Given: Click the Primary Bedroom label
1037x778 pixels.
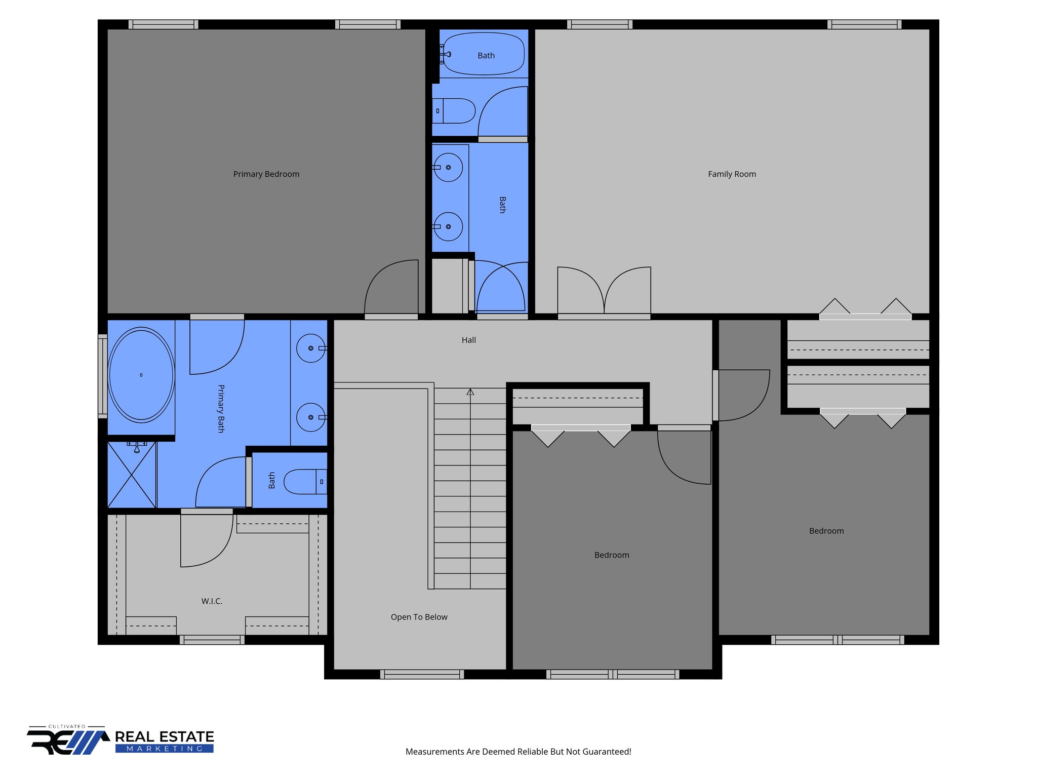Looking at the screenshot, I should pyautogui.click(x=266, y=174).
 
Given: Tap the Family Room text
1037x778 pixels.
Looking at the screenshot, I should pyautogui.click(x=732, y=174).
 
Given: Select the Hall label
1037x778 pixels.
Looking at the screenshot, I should pyautogui.click(x=468, y=340).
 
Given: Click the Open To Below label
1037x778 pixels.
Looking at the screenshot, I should pyautogui.click(x=419, y=617).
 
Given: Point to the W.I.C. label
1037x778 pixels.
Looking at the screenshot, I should pyautogui.click(x=212, y=601).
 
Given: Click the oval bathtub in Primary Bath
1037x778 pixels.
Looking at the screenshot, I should pyautogui.click(x=141, y=375).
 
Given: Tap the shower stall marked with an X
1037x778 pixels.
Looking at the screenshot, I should pyautogui.click(x=132, y=475).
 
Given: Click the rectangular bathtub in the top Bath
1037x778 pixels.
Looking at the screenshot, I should pyautogui.click(x=484, y=54).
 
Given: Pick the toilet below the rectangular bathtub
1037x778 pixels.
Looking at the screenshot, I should pyautogui.click(x=454, y=111).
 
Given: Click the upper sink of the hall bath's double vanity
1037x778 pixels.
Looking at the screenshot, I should pyautogui.click(x=448, y=167).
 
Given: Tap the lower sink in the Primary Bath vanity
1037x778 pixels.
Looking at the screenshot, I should pyautogui.click(x=311, y=417).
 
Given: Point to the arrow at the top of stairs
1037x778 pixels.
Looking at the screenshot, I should pyautogui.click(x=470, y=392).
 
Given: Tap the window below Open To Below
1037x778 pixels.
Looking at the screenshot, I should pyautogui.click(x=422, y=674).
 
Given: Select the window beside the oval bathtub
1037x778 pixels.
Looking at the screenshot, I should pyautogui.click(x=103, y=376).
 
